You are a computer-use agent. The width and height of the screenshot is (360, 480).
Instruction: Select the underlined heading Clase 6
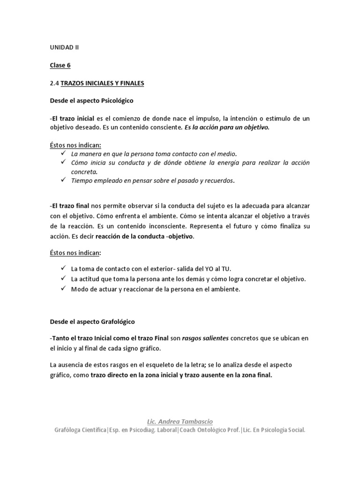[60, 65]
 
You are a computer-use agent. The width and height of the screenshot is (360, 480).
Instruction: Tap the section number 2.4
[54, 83]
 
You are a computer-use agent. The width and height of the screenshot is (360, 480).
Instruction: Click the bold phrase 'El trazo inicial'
[73, 119]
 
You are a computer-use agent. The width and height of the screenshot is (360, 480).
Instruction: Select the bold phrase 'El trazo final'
[71, 206]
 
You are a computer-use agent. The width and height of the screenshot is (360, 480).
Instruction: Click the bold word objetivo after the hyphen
[181, 236]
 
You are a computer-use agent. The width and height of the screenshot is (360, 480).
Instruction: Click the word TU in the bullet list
[226, 269]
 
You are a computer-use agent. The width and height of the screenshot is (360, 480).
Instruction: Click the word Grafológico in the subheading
[117, 322]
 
